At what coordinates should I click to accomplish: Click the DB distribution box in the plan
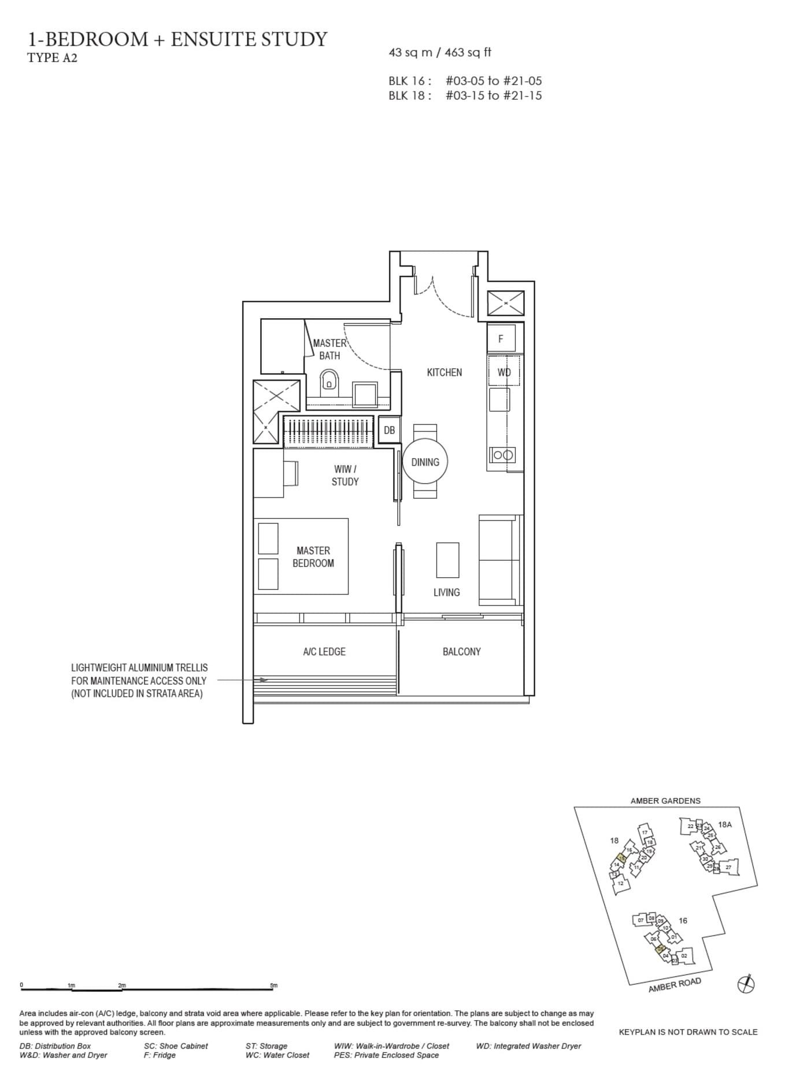coord(389,430)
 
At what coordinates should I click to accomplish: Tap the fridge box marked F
coord(501,338)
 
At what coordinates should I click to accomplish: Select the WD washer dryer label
coord(504,372)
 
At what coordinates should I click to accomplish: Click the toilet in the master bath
coord(329,382)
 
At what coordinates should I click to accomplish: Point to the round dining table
coord(425,462)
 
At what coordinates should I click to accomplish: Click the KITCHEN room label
coord(444,372)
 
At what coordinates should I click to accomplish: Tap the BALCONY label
coord(461,651)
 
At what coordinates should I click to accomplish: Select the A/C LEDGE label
coord(324,651)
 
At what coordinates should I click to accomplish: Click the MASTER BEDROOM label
coord(313,556)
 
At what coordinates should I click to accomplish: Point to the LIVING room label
coord(446,592)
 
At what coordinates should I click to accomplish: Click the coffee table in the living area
coord(447,559)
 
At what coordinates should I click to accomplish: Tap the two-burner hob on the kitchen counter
coord(502,455)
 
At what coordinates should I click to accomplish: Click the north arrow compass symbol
coord(746,984)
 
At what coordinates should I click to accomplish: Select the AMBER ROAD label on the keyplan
coord(674,985)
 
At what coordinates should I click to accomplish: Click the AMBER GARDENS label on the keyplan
coord(665,800)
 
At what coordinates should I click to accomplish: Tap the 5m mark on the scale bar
coord(273,985)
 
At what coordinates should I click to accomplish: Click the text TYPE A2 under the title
coord(52,57)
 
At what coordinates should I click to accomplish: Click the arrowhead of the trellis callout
coord(264,680)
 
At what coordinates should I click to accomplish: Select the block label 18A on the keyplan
coord(724,824)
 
